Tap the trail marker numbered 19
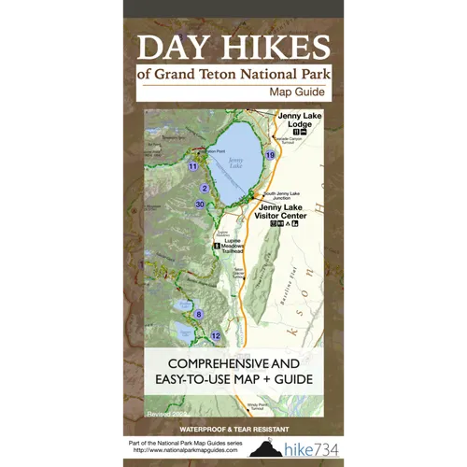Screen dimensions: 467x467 (270, 154)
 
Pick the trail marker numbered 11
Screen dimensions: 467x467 (192, 166)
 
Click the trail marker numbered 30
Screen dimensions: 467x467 (200, 204)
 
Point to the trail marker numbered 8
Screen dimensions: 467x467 (198, 314)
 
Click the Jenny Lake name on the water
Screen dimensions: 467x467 (235, 162)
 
